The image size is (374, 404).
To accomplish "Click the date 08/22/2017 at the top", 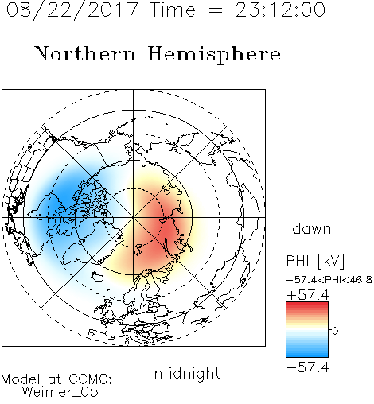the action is point(72,10).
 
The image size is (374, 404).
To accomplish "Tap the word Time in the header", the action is point(173,10).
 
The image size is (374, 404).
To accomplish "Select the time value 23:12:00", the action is point(280,10).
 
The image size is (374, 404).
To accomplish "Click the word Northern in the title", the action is point(85,54).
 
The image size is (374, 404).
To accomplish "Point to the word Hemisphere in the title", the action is point(214,55).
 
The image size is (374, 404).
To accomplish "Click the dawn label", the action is point(311,229).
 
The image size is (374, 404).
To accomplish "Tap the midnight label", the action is point(187,373).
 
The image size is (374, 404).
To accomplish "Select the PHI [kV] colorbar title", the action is point(315,261).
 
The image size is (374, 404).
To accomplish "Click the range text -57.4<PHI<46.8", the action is point(329,280).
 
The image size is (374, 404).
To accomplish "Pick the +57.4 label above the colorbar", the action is point(308,295).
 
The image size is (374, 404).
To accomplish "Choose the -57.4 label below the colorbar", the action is point(308,367).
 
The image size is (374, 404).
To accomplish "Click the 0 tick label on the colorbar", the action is point(335,331).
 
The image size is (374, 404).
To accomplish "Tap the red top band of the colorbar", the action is point(307,305).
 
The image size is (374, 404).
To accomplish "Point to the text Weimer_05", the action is point(60,392).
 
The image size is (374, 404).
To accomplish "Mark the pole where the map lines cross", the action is point(133,217).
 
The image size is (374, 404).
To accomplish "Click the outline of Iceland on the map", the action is point(97,276).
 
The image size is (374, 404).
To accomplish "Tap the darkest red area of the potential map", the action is point(168,225).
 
